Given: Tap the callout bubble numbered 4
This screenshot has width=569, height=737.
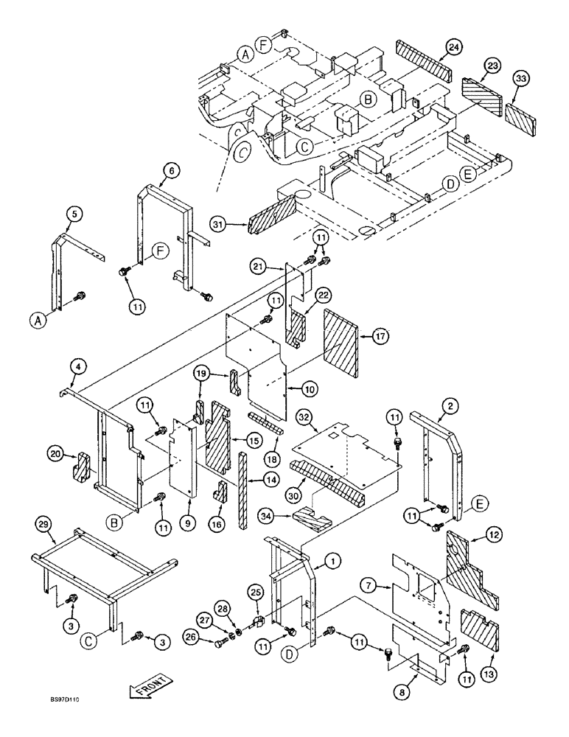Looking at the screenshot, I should pos(76,366).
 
